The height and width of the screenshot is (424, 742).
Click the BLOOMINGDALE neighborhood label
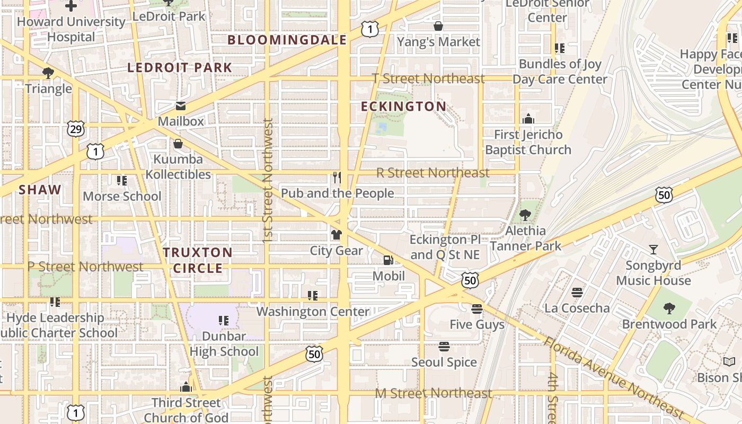click(x=287, y=40)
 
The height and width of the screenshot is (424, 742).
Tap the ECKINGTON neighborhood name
click(x=404, y=107)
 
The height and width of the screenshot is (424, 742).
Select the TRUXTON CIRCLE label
click(x=198, y=260)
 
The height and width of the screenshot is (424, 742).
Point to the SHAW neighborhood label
click(x=40, y=190)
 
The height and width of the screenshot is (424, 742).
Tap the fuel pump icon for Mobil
click(x=388, y=260)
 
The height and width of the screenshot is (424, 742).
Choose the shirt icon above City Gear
click(x=336, y=234)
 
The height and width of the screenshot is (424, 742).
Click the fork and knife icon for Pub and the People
click(x=337, y=177)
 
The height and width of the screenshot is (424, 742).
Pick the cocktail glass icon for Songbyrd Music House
click(x=653, y=249)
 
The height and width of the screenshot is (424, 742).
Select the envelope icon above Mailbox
click(x=181, y=105)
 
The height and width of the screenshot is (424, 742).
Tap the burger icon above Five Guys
click(x=477, y=308)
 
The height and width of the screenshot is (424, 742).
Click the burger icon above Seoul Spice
click(x=444, y=347)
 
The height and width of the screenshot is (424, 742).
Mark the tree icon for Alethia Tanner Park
click(x=525, y=215)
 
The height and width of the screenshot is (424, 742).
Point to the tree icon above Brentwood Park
click(x=669, y=308)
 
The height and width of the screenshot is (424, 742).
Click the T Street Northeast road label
click(x=428, y=78)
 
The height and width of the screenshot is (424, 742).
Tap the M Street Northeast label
click(x=434, y=393)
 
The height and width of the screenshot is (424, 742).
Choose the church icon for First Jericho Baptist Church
click(x=528, y=119)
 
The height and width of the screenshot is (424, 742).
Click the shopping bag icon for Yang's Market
click(x=438, y=26)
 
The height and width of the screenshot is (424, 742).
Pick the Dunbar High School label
click(x=224, y=343)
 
